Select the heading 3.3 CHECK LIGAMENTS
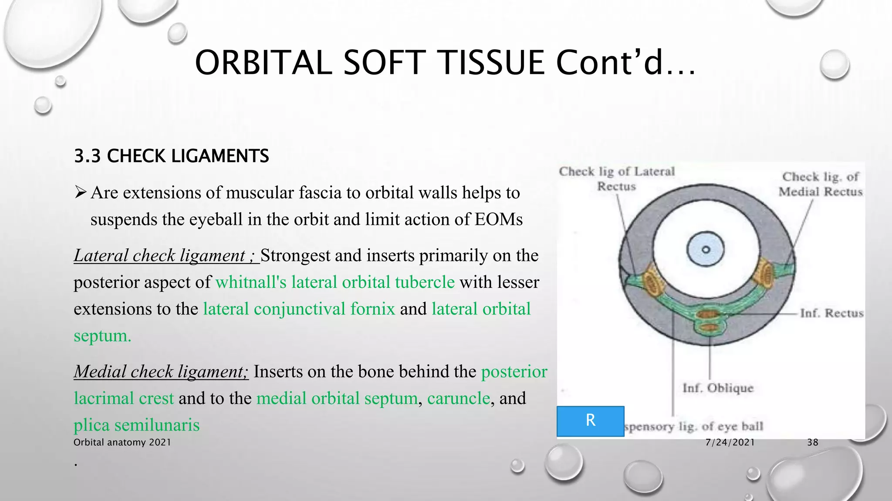172,156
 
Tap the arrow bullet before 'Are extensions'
81,192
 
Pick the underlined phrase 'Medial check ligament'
161,372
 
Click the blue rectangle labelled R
590,421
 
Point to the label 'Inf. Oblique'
717,388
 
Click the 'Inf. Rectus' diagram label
831,313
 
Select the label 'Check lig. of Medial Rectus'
820,184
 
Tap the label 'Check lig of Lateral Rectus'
616,179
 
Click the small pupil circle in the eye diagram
706,250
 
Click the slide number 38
812,443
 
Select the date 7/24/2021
730,443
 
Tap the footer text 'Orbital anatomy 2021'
122,443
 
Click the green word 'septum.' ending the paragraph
102,336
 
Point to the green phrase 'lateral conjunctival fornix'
299,309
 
